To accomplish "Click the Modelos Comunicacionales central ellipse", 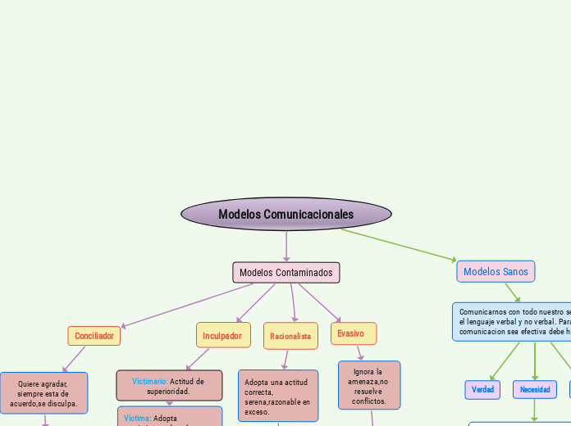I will [285, 214].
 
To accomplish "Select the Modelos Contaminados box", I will [286, 272].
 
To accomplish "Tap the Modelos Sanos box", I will [496, 271].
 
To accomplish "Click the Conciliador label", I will [94, 336].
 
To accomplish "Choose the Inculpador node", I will [222, 336].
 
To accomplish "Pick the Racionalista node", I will [290, 336].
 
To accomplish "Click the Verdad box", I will [482, 389].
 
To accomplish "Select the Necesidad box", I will [535, 389].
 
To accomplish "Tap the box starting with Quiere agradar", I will [43, 393].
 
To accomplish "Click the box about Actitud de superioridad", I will [169, 386].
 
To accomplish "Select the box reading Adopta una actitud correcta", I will [278, 397].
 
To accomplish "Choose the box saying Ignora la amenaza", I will [369, 385].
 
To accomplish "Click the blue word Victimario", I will [149, 381].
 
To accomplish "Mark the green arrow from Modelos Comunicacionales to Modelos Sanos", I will [400, 245].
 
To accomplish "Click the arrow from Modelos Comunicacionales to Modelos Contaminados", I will [286, 246].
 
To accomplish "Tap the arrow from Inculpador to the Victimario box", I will [198, 360].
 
